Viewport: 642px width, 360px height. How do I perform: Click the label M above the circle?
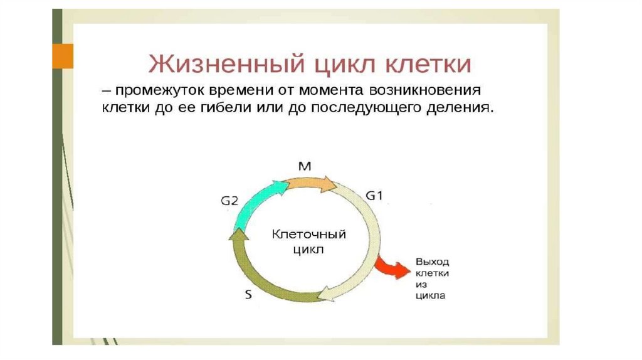pos(305,166)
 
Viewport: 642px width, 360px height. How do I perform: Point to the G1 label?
pos(374,196)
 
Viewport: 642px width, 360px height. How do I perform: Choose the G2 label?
pos(229,201)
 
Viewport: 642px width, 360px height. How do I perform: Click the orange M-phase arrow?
pos(310,183)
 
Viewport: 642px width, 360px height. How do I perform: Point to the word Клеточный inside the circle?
pos(308,235)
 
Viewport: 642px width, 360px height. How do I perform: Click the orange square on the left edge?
pos(62,56)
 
